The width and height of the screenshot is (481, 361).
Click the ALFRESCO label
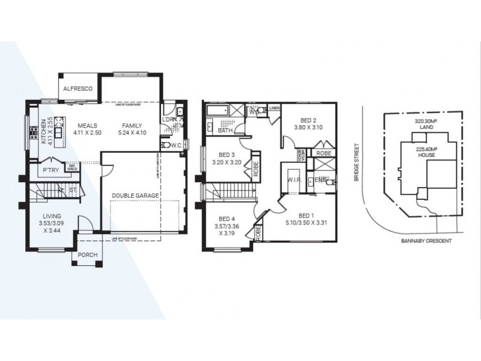79,88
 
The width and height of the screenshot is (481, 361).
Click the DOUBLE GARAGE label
135,196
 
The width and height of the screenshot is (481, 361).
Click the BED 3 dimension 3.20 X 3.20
227,162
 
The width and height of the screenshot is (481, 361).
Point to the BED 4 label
227,219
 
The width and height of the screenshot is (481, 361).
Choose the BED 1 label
306,215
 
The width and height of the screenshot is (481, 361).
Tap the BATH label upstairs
225,130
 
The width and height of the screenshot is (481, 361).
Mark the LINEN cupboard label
275,108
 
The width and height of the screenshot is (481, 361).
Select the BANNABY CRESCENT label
423,240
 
